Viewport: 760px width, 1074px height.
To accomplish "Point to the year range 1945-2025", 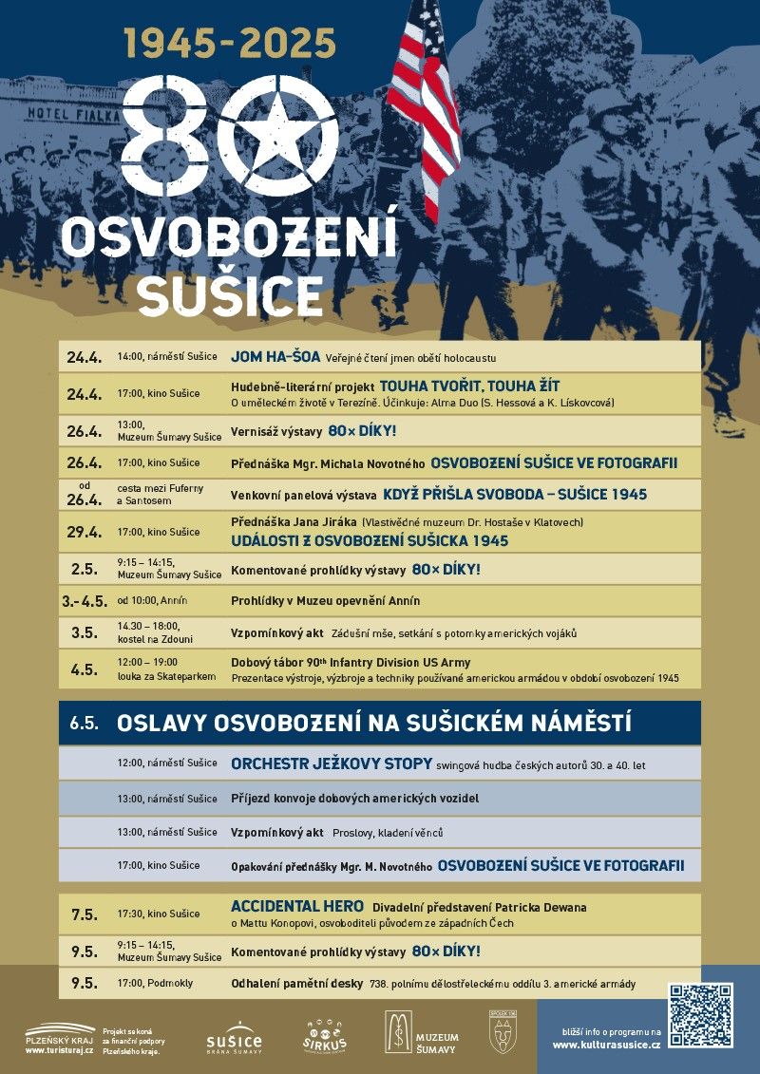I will (230, 42).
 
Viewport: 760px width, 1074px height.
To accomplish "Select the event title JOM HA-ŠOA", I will (275, 358).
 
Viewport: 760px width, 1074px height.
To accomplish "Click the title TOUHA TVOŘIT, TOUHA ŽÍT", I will (469, 386).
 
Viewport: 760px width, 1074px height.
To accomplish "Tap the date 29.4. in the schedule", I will (84, 531).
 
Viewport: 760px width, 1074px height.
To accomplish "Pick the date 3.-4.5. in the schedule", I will (84, 600).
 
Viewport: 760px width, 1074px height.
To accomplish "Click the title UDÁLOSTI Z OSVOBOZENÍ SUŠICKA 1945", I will (370, 540).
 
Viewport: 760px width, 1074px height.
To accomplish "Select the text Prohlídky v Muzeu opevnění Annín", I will (325, 600).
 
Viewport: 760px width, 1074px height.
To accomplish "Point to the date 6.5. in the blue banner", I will (84, 723).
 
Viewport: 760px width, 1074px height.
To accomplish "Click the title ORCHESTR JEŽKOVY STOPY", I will (332, 763).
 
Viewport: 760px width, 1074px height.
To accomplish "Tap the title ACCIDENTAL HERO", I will (296, 907).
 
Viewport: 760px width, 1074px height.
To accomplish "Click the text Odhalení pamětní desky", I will (294, 984).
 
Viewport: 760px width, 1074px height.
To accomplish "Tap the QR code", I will (701, 1015).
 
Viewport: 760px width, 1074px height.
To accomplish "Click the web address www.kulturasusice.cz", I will (605, 1045).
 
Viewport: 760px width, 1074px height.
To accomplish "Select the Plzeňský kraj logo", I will (60, 1038).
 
